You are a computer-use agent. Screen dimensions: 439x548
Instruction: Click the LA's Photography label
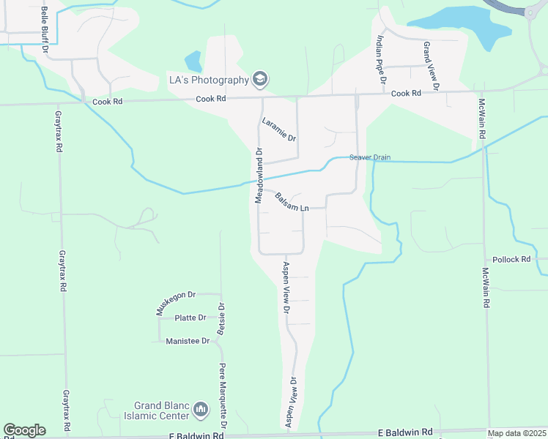coord(207,78)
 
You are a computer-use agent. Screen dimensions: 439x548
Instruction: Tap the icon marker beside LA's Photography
coord(259,78)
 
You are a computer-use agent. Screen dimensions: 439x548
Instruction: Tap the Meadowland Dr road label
coord(259,176)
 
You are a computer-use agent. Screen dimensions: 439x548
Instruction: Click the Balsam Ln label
coord(292,202)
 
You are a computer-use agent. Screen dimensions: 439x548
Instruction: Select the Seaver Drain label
coord(370,157)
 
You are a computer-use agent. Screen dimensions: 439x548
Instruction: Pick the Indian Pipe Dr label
coord(380,59)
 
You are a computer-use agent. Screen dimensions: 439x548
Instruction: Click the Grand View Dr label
coord(429,66)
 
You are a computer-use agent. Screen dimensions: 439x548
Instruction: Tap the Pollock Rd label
coord(511,260)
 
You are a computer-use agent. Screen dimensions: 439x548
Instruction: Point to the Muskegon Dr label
coord(176,303)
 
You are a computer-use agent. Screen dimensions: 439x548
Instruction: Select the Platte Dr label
coord(191,318)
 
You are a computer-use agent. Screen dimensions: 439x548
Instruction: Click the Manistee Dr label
coord(188,341)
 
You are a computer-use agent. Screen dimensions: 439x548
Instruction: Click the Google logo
coord(24,430)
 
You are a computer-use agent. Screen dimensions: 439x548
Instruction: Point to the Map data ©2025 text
coord(517,433)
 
